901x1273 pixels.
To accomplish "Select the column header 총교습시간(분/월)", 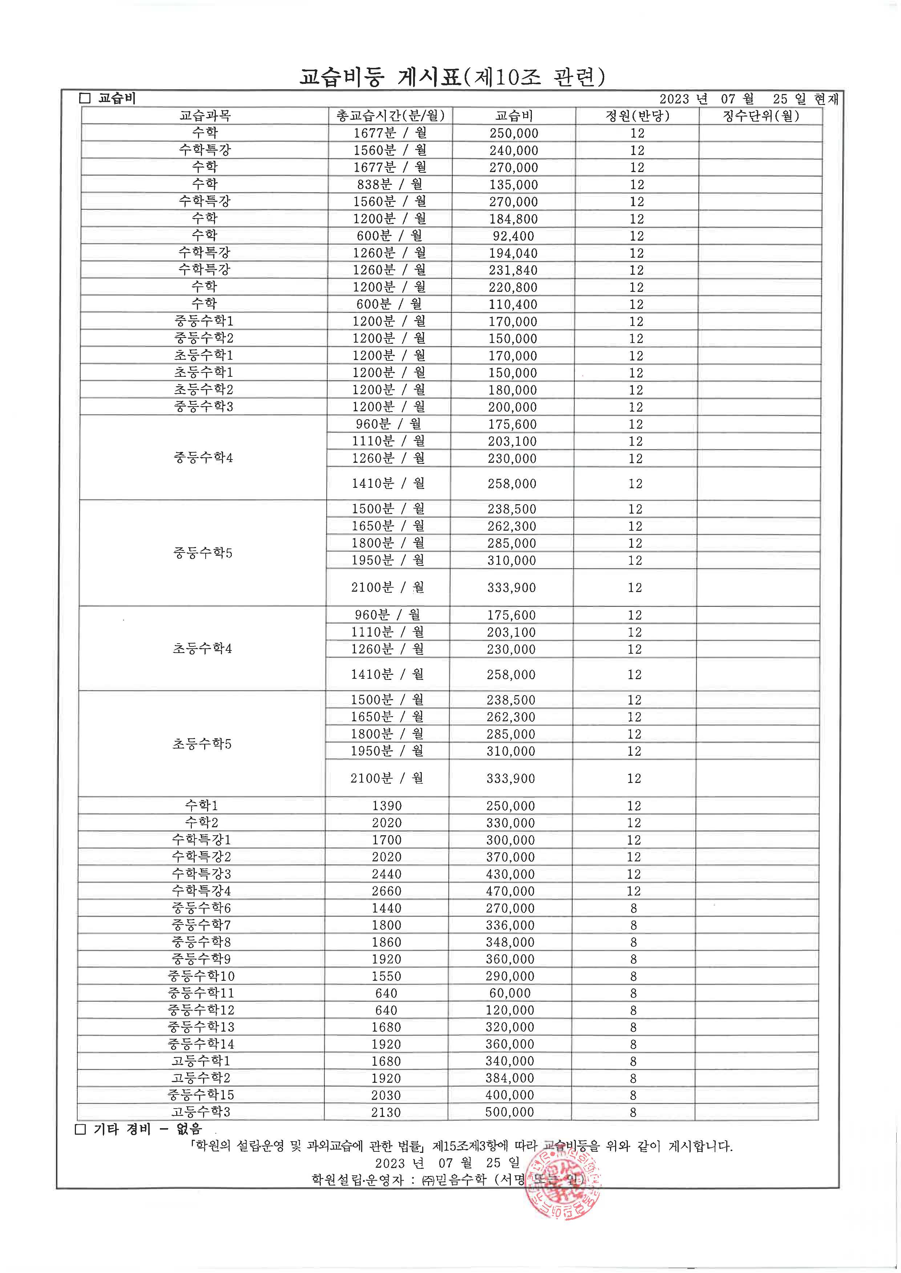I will coord(390,116).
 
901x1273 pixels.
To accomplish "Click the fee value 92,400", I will coord(513,236).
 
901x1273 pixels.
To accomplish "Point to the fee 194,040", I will coord(513,253).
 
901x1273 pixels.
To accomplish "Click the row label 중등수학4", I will coord(203,458).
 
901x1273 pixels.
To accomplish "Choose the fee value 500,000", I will coord(510,1112).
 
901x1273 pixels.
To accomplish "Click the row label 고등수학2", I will coord(201,1078).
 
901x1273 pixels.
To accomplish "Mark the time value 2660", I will coord(386,891).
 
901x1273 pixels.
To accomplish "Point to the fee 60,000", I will coord(510,993).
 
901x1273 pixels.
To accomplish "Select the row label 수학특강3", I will coord(201,874).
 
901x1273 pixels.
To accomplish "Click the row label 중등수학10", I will coord(201,976).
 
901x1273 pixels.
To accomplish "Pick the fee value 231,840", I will coord(513,270).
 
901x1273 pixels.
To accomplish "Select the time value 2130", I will coord(386,1112).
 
